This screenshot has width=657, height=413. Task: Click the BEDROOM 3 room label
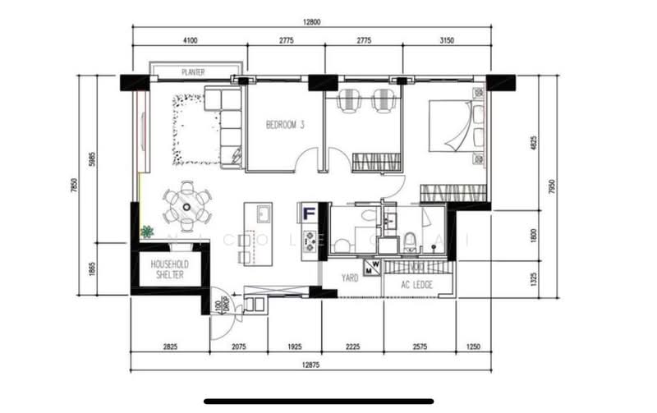pos(285,126)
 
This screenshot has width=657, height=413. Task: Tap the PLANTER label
pos(193,72)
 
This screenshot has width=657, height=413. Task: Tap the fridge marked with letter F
pos(310,214)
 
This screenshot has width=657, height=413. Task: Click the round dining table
pos(187,206)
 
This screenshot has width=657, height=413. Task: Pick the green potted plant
pos(147,232)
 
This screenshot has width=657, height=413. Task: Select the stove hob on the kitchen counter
pos(310,241)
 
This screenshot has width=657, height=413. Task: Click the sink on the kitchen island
pos(264,215)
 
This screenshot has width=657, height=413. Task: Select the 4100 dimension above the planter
pos(191,39)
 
